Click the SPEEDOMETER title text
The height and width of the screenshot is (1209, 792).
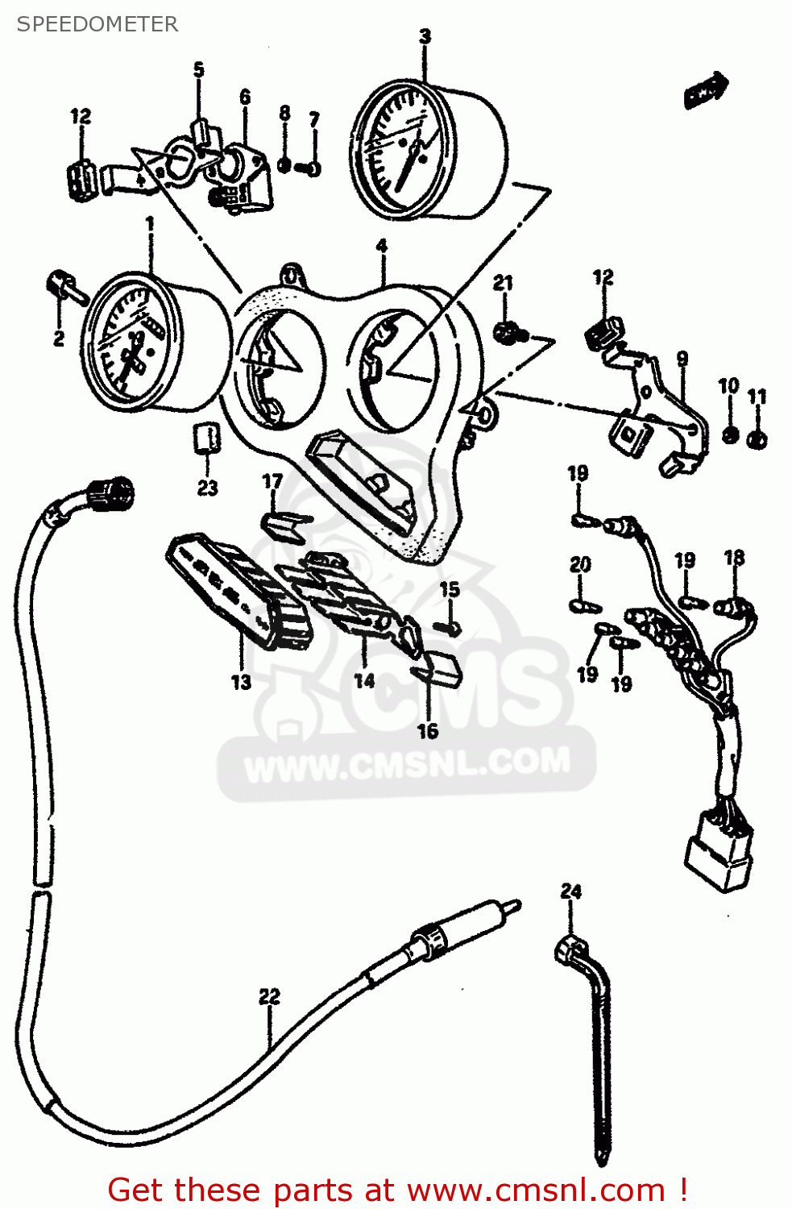(x=97, y=24)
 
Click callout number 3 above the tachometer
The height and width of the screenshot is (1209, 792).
(x=425, y=36)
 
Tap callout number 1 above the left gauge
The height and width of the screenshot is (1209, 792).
(x=148, y=222)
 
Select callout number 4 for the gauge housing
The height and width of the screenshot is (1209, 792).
(x=381, y=246)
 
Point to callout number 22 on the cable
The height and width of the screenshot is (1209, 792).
(x=269, y=997)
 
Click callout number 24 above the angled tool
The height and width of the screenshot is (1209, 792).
(x=570, y=891)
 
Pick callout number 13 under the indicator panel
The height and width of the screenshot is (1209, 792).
(x=241, y=682)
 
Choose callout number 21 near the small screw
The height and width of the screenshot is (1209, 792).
(x=503, y=283)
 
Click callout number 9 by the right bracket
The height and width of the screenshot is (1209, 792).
(x=682, y=359)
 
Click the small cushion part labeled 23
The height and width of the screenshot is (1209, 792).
(x=206, y=440)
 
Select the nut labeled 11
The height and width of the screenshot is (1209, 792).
(x=757, y=440)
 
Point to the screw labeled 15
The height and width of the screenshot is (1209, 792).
(x=449, y=625)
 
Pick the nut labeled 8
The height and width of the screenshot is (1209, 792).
(x=284, y=165)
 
